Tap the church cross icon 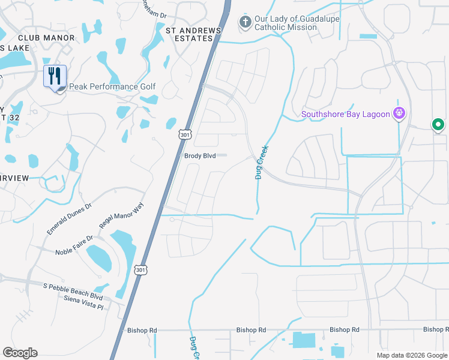click(x=245, y=22)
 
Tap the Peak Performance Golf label click(x=112, y=87)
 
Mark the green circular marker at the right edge click(x=438, y=125)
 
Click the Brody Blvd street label click(x=200, y=155)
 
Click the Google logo click(x=20, y=353)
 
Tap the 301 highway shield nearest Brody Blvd click(x=184, y=134)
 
